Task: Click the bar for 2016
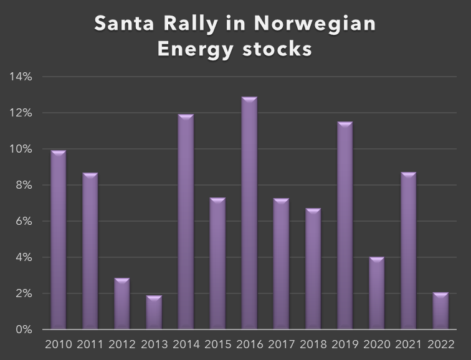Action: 249,213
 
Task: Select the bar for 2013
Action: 154,312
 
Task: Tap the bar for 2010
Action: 59,240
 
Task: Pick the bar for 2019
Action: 345,225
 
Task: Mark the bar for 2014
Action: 186,222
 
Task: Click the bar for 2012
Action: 122,303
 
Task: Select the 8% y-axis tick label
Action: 23,186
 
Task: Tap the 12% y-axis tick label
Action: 21,113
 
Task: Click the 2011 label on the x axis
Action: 90,344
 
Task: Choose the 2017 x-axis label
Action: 281,344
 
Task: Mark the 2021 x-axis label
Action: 408,344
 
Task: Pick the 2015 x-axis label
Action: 217,344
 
